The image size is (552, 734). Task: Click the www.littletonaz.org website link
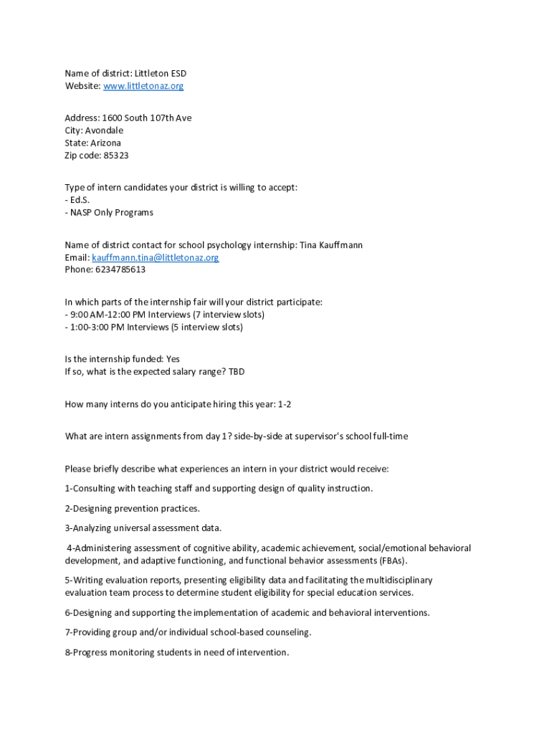pos(143,86)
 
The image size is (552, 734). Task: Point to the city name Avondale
pos(104,130)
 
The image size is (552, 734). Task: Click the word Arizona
pos(105,143)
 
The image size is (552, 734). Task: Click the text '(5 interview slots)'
pos(207,328)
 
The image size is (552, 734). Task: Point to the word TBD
pos(237,372)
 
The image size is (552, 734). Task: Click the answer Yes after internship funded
pos(173,359)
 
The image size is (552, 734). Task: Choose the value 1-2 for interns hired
pos(285,404)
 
